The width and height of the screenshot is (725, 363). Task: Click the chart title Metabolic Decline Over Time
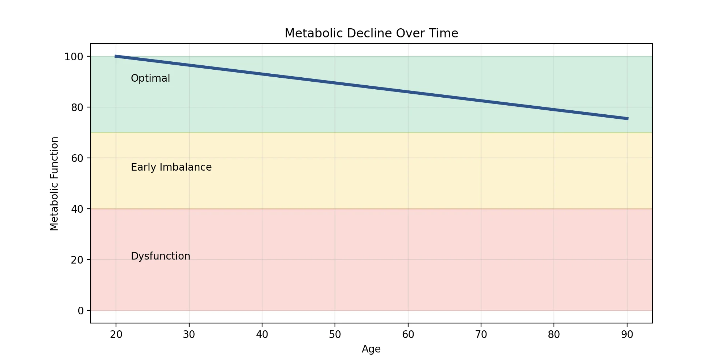[371, 33]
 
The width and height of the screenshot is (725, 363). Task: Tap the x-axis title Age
[371, 349]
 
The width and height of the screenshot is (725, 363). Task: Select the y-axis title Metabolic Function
[54, 184]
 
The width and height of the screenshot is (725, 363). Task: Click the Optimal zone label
[150, 78]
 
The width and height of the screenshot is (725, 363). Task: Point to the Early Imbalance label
[171, 167]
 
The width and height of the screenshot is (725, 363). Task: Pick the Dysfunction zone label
[160, 256]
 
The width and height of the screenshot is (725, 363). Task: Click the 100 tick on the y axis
[74, 57]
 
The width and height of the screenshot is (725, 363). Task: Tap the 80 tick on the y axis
[77, 107]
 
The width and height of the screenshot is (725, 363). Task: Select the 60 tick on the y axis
[77, 158]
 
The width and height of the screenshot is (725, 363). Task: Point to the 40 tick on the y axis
[77, 209]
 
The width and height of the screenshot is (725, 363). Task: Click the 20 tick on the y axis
[77, 260]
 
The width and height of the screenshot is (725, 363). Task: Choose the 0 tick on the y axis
[80, 311]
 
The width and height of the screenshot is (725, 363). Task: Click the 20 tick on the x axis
[116, 334]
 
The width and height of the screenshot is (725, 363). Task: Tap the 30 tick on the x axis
[189, 334]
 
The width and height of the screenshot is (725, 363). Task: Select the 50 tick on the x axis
[335, 334]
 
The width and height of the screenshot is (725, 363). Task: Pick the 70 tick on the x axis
[481, 334]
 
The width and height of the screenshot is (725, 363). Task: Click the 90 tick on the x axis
[627, 334]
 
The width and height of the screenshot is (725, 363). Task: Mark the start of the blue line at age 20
[116, 56]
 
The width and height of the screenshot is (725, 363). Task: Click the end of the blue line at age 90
[627, 119]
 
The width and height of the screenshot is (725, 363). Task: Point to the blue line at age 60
[408, 92]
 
